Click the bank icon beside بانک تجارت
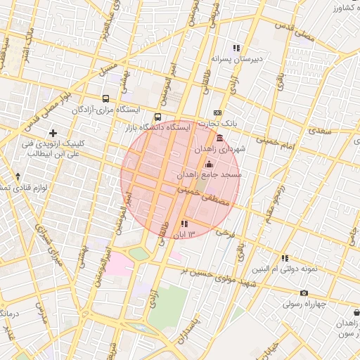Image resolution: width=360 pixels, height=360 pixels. [x=217, y=113]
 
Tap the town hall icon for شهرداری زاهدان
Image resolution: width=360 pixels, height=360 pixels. [x=220, y=139]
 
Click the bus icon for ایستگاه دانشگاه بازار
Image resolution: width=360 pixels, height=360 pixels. [x=157, y=117]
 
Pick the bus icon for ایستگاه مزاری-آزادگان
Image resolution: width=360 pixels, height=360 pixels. [x=105, y=99]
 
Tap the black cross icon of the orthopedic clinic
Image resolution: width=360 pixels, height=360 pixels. [x=53, y=132]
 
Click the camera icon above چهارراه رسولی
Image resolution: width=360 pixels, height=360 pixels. [x=304, y=293]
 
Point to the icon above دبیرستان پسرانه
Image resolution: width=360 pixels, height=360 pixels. [x=237, y=49]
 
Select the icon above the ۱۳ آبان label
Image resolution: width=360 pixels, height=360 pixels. [x=184, y=224]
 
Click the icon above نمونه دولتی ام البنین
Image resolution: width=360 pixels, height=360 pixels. [x=285, y=258]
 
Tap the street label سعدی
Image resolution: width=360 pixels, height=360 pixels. [x=319, y=131]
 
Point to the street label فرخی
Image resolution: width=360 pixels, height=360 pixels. [x=224, y=231]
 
